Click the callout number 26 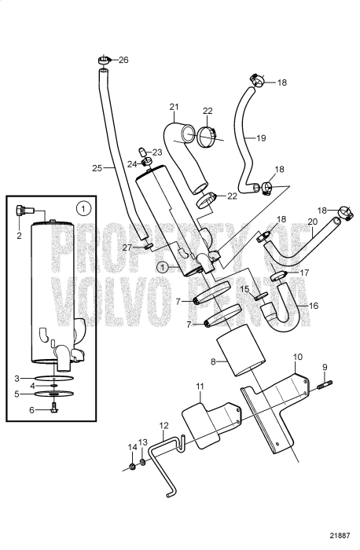123,60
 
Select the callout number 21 174,107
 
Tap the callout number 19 261,138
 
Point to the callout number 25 97,167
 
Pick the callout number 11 200,387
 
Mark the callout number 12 163,426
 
